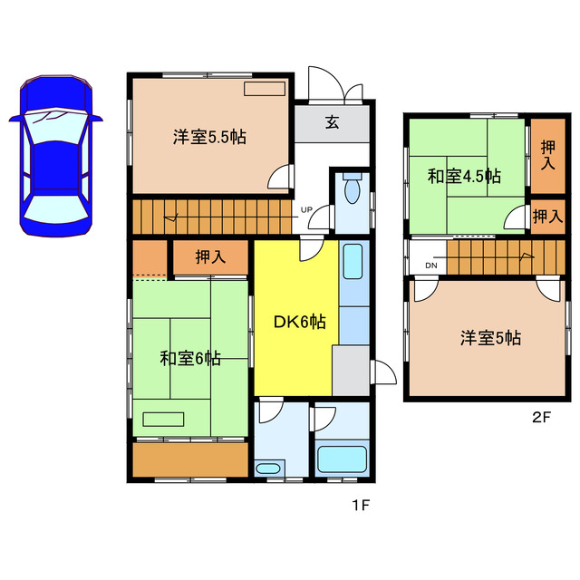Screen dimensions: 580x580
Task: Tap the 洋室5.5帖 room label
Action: [x=210, y=138]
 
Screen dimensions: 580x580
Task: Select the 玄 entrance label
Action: [x=333, y=124]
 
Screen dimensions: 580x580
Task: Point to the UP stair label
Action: [x=307, y=209]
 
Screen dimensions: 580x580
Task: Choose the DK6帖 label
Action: [x=300, y=321]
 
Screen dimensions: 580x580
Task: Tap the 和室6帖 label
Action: [x=190, y=358]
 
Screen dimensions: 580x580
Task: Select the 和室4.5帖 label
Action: [x=465, y=176]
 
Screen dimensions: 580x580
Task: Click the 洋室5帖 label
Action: [x=489, y=338]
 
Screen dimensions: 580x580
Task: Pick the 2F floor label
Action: [x=542, y=418]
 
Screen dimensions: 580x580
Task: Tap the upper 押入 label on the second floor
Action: [x=547, y=155]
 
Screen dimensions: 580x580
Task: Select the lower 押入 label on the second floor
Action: [x=546, y=217]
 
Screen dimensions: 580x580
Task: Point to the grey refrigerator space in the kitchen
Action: [x=350, y=367]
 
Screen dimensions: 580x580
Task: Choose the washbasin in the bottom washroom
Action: [x=268, y=469]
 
